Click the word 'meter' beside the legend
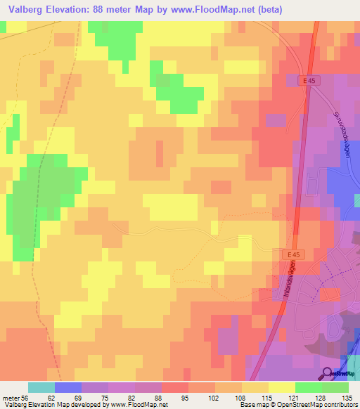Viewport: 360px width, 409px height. [10, 397]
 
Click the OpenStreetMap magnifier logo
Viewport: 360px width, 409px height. [328, 374]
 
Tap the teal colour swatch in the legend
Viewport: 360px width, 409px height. [41, 387]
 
